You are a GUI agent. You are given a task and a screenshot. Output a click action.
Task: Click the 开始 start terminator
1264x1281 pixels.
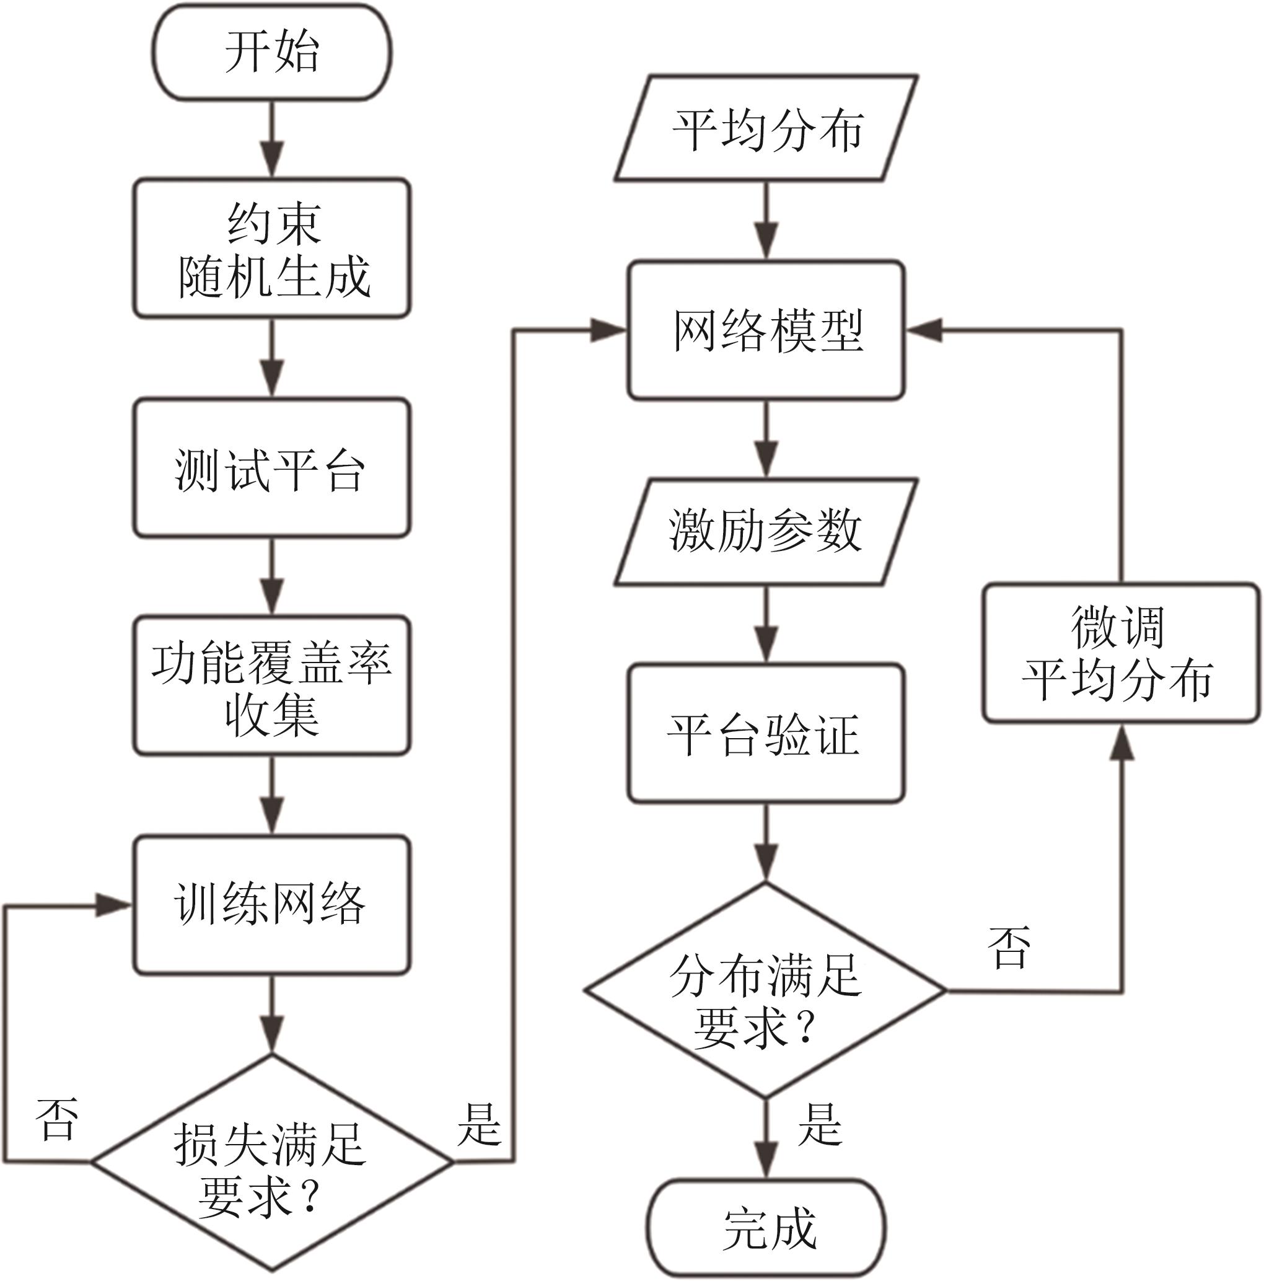click(x=272, y=53)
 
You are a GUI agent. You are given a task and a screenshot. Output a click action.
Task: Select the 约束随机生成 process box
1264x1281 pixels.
click(x=272, y=248)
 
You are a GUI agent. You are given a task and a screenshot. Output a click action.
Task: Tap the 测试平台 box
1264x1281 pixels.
click(x=272, y=468)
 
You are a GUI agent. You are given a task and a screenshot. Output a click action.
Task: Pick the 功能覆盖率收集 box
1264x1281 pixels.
click(x=272, y=685)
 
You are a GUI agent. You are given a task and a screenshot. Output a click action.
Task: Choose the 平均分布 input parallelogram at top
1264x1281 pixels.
click(x=766, y=128)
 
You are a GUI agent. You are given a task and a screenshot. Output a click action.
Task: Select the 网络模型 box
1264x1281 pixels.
click(x=766, y=330)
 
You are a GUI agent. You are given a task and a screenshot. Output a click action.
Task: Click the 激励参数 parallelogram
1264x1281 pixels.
click(x=766, y=532)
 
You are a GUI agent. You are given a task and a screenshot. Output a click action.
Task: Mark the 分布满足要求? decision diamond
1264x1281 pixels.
click(x=766, y=990)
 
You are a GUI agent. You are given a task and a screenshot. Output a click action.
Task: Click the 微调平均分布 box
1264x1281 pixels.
click(x=1121, y=653)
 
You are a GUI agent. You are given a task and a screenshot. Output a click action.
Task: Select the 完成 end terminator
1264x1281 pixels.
click(x=766, y=1228)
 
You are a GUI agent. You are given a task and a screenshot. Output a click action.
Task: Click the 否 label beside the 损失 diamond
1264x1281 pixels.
click(x=57, y=1119)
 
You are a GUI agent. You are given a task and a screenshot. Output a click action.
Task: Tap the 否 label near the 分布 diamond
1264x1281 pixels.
click(x=1009, y=948)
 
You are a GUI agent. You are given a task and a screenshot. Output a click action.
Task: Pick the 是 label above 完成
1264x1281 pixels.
click(x=819, y=1125)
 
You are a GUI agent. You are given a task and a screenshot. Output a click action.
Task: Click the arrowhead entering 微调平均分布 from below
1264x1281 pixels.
click(x=1121, y=742)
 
